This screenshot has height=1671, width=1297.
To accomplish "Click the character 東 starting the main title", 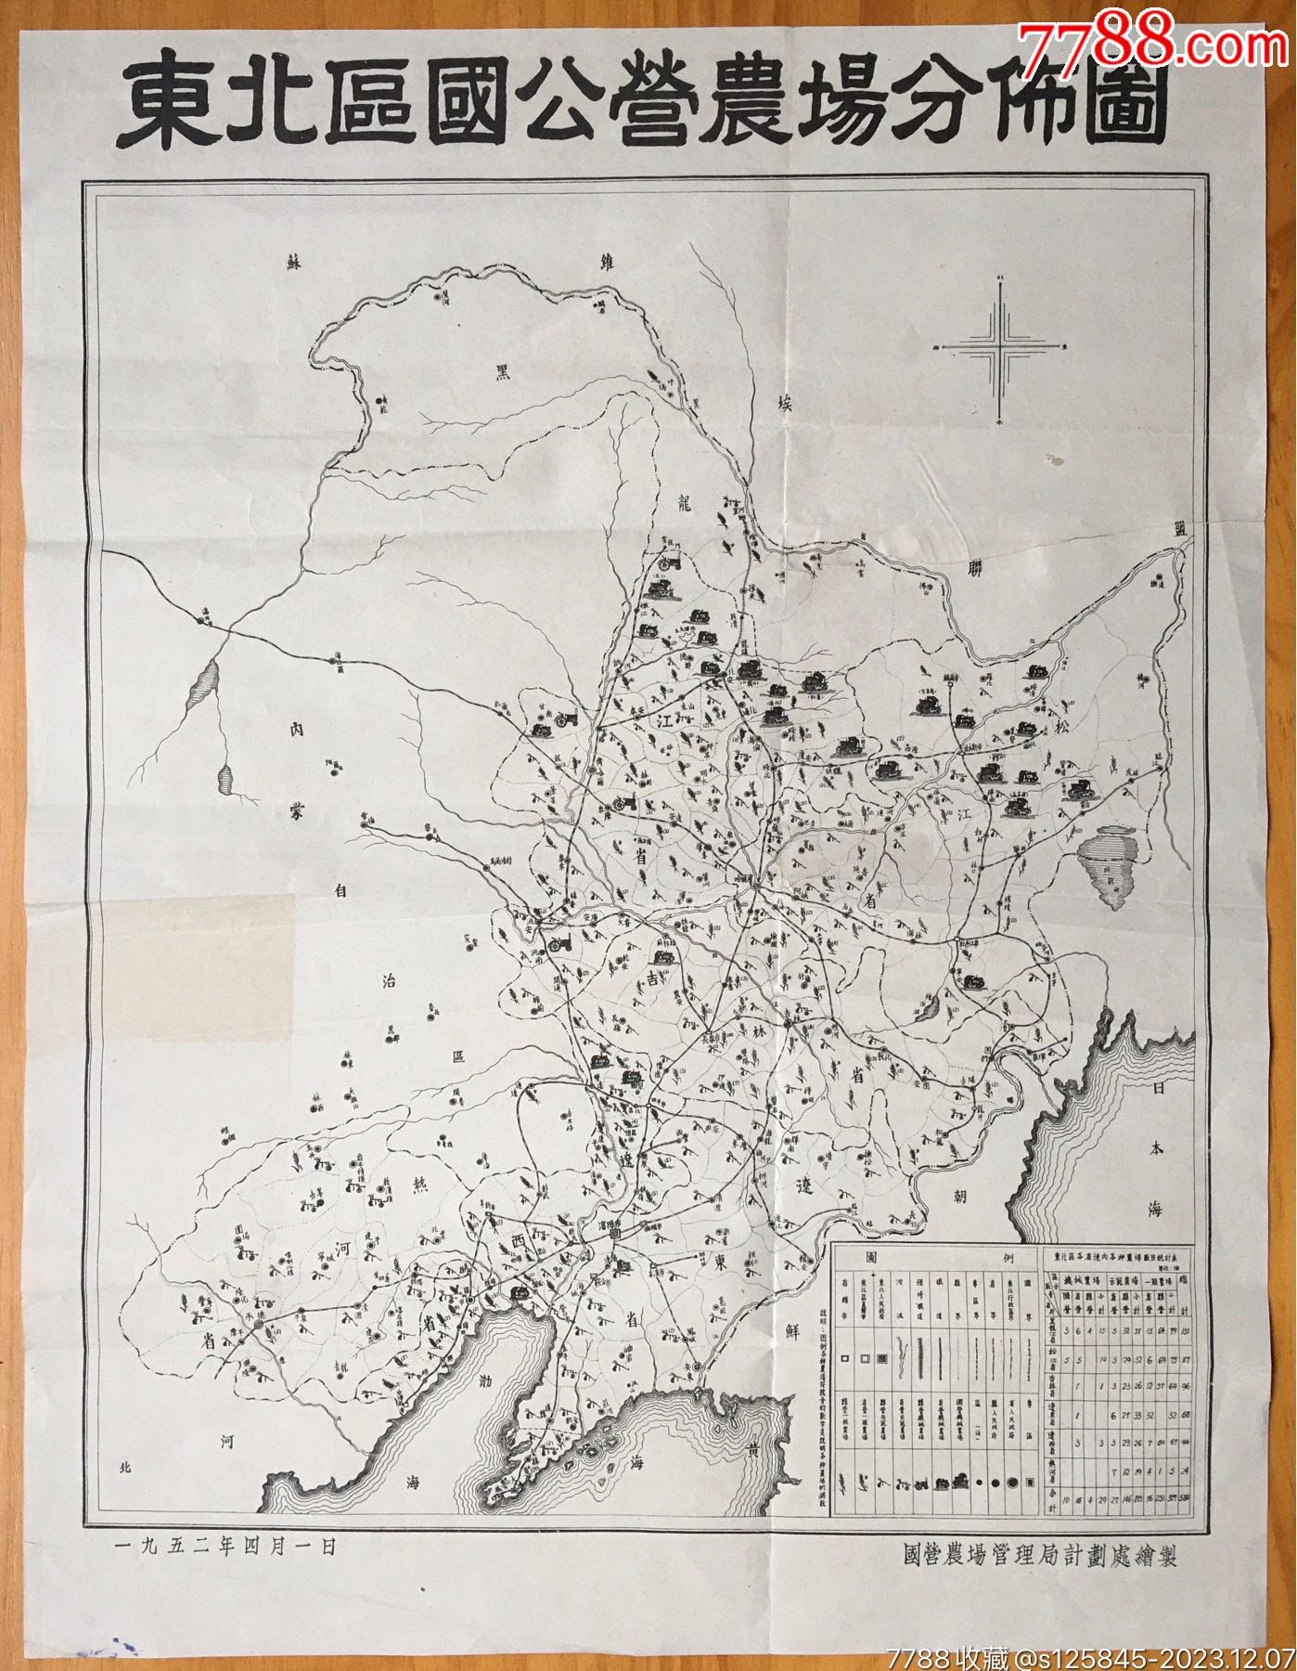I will click(165, 104).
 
